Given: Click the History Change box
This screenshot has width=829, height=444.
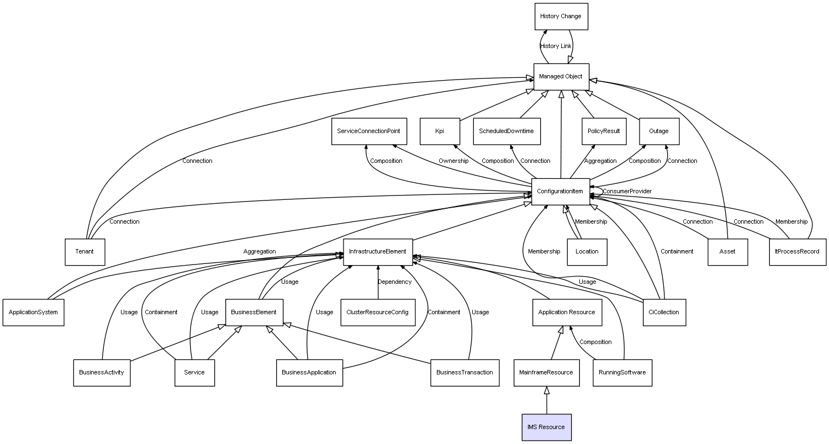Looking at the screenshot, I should [x=561, y=17].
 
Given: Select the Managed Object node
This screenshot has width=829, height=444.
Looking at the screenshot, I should [x=561, y=77].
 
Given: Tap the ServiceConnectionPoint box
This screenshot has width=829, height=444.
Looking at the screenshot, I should [x=369, y=131].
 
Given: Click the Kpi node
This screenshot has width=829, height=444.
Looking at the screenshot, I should [x=440, y=131].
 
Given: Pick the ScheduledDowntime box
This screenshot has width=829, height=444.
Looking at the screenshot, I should [x=506, y=131].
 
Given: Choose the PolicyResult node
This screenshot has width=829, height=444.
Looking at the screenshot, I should [x=604, y=131].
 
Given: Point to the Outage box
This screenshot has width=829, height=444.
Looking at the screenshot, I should [x=658, y=131].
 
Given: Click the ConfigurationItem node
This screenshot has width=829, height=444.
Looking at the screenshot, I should [x=560, y=192].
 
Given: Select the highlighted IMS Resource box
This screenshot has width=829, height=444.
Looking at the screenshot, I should [x=546, y=427].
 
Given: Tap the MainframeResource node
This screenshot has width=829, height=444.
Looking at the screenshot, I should [x=546, y=373].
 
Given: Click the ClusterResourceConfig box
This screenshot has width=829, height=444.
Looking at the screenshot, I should [x=378, y=313].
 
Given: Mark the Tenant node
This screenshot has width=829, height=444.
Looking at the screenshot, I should [x=85, y=252].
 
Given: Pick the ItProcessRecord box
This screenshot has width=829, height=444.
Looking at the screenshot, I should [x=798, y=252].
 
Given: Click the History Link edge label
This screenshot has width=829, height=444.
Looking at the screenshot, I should [x=556, y=46].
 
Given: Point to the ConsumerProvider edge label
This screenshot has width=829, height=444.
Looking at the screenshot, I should [x=627, y=192].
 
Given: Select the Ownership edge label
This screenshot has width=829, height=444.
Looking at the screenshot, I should [x=453, y=161].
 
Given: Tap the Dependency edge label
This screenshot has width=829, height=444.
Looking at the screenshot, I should [x=394, y=282].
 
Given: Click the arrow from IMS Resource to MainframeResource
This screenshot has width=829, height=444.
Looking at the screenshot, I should [x=547, y=400].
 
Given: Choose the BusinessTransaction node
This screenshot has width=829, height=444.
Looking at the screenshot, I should [x=464, y=373].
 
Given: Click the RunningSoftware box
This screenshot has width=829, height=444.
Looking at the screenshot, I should [x=622, y=373].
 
